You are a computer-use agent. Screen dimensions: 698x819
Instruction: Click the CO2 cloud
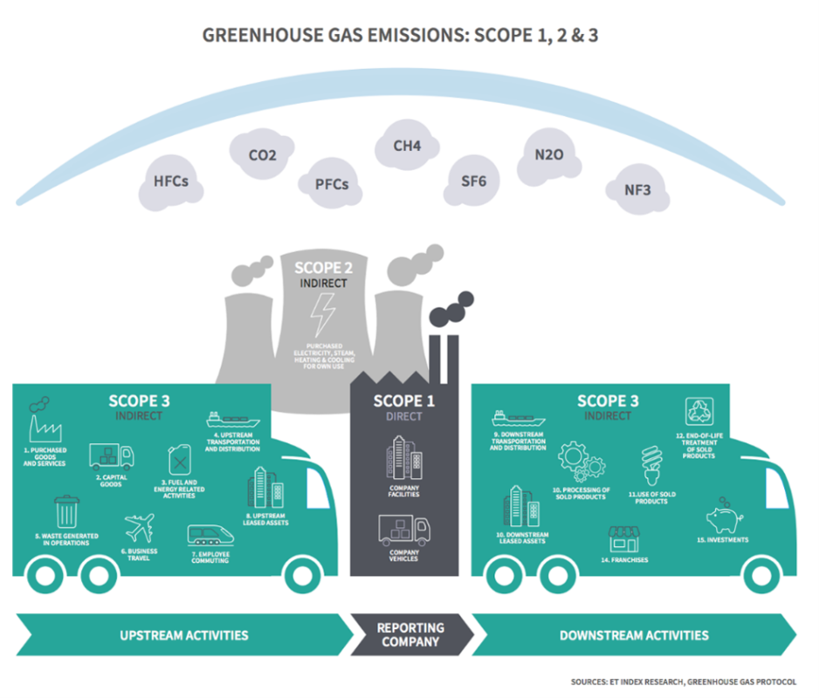(262, 156)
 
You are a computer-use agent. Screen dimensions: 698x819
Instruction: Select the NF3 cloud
(637, 188)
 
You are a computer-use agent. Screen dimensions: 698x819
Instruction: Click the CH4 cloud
(406, 146)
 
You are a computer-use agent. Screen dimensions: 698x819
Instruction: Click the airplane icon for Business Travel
(140, 527)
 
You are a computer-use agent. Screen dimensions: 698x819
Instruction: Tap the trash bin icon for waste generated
(66, 511)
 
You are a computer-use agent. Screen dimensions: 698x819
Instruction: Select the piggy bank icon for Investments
(724, 517)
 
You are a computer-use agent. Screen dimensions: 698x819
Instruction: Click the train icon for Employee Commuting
(209, 536)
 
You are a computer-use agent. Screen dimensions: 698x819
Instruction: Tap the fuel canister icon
(180, 459)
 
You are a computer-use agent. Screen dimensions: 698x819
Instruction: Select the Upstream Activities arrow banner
(183, 634)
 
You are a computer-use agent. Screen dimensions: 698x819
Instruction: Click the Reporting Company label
(410, 634)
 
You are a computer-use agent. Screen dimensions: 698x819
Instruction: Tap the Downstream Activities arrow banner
(634, 634)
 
